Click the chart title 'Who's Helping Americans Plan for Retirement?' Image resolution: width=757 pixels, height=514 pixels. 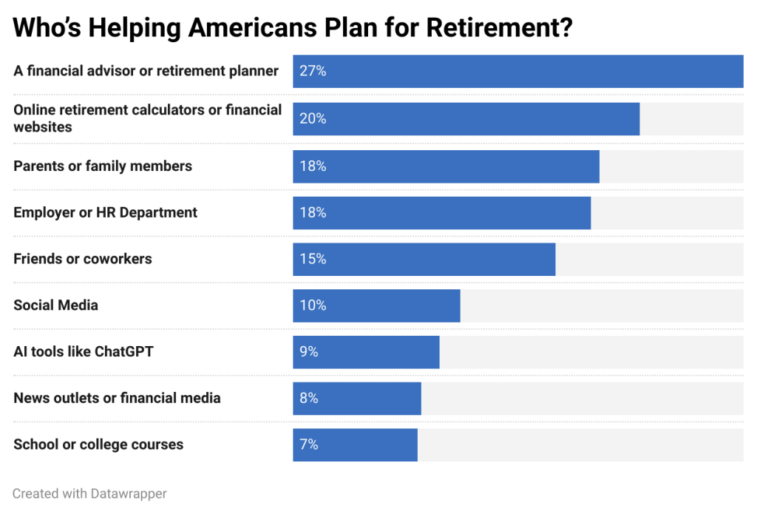(293, 28)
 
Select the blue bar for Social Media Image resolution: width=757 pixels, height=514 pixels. (376, 305)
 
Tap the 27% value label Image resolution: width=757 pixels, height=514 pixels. (313, 72)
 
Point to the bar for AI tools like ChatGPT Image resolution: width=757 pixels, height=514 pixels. (366, 352)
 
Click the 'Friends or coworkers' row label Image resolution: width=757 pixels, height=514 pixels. (83, 259)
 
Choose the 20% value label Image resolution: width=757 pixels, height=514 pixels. (313, 118)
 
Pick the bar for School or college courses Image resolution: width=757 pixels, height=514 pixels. (355, 444)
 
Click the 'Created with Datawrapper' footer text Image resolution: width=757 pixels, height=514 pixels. (90, 493)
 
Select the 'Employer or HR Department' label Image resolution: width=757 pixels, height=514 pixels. (106, 212)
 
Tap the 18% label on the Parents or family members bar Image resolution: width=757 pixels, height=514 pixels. (313, 166)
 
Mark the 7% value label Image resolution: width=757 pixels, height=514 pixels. (309, 444)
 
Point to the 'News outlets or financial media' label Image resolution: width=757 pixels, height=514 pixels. (117, 398)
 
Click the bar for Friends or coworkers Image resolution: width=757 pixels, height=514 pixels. (424, 259)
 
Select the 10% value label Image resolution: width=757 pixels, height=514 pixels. (313, 305)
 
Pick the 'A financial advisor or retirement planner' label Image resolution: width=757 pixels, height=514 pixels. (146, 71)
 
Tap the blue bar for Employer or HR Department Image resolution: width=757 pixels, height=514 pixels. (441, 212)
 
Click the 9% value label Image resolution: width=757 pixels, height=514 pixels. (309, 352)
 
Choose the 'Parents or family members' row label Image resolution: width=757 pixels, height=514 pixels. (103, 166)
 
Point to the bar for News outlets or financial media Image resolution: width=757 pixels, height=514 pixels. (356, 398)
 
